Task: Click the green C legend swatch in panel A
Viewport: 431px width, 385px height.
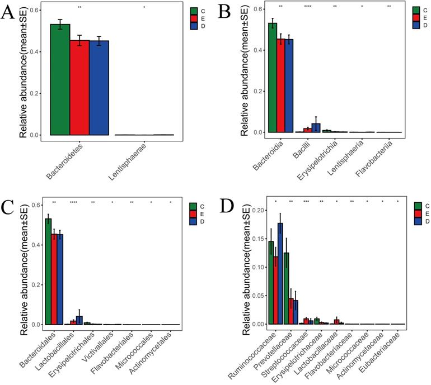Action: (194, 11)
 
